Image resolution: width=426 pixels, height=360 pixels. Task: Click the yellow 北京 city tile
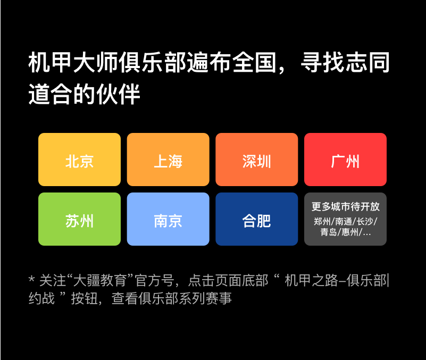(79, 160)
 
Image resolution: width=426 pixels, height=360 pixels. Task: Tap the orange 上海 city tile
(168, 160)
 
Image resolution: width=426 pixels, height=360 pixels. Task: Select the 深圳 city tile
(257, 160)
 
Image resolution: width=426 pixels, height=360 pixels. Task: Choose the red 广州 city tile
(345, 160)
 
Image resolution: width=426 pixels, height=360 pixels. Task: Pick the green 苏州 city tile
(79, 219)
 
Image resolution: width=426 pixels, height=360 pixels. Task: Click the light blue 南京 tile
(168, 219)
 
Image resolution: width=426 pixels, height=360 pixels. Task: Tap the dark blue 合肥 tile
(257, 219)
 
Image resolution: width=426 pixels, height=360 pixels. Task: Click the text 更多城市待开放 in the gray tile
(345, 206)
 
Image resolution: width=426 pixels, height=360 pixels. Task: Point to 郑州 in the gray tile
(322, 221)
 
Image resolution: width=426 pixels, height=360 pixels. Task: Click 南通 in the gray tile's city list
(344, 221)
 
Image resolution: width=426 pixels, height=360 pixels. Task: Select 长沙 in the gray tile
(365, 221)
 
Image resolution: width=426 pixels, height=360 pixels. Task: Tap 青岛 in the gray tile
(329, 232)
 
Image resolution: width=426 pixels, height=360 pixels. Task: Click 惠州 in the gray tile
(350, 232)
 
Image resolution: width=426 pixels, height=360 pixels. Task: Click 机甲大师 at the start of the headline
(73, 63)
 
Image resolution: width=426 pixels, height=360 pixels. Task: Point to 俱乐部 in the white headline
(153, 63)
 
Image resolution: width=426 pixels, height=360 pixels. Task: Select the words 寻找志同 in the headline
(345, 63)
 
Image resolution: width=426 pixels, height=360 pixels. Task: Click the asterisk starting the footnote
(31, 279)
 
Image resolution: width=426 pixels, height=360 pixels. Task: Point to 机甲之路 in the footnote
(311, 280)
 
